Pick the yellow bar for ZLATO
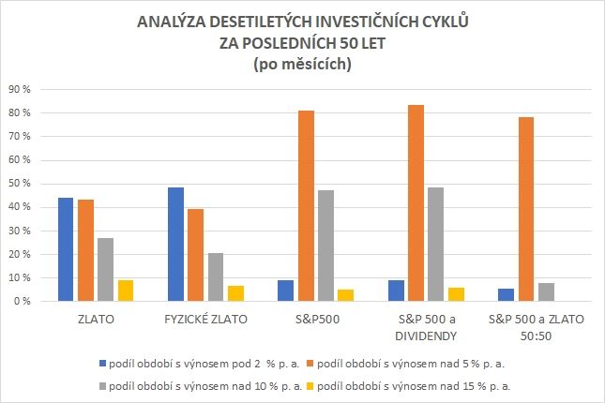coord(125,291)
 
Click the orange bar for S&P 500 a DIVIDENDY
coord(416,203)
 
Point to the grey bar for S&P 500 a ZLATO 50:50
coord(546,292)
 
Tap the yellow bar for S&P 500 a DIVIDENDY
coord(457,294)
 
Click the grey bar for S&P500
coord(326,246)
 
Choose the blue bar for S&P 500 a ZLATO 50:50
coord(507,295)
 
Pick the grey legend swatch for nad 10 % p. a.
coord(102,385)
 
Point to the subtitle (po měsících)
coord(302,64)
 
